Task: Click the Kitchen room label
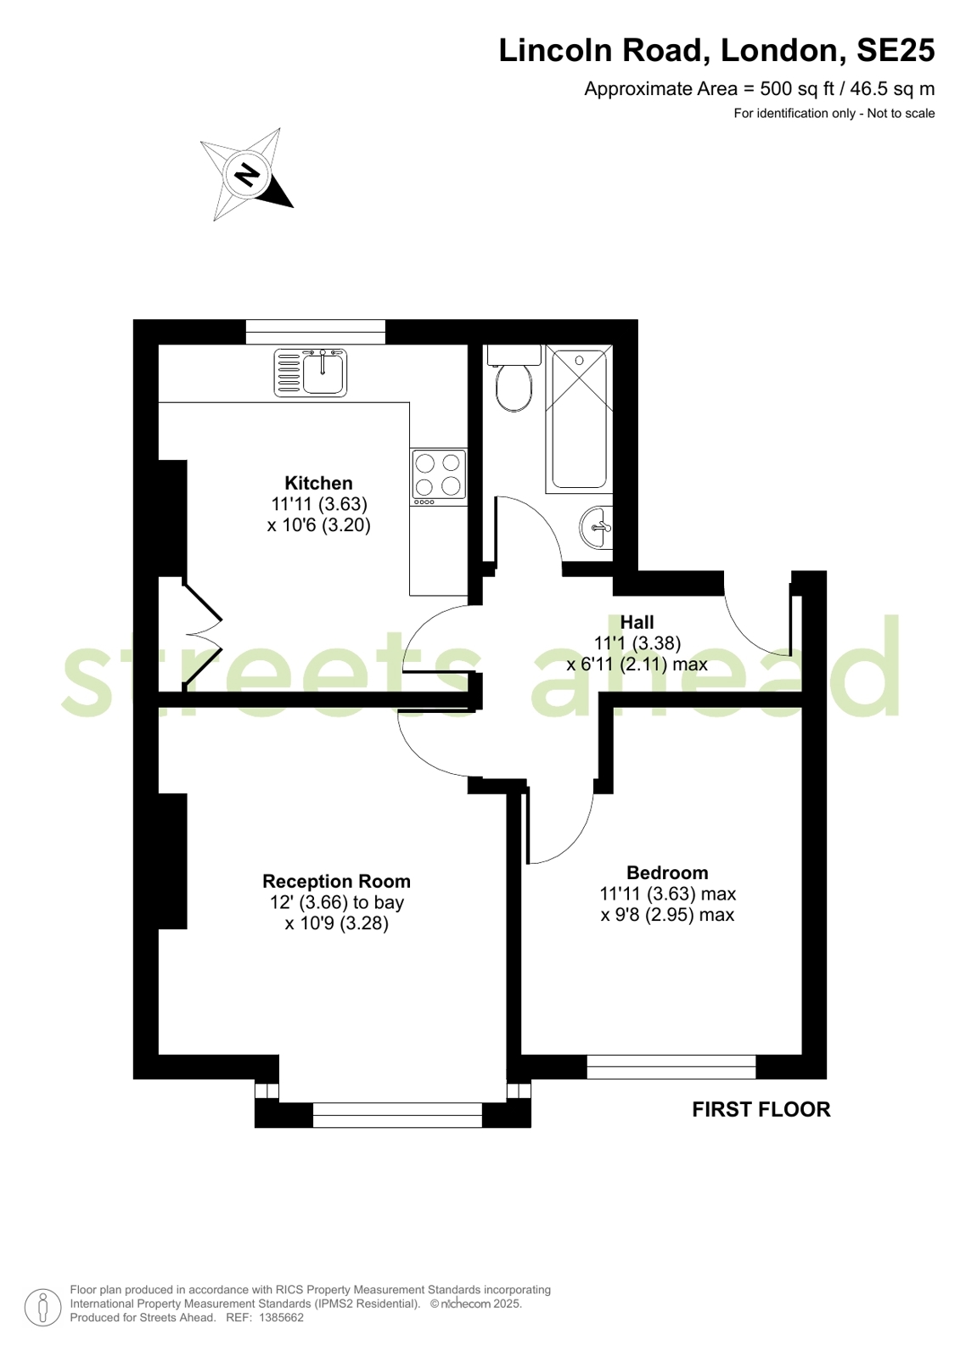[x=318, y=483]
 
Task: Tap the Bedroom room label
[x=667, y=872]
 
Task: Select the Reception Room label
[x=336, y=881]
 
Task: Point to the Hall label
[x=637, y=622]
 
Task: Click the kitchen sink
[x=311, y=373]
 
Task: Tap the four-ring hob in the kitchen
[x=438, y=477]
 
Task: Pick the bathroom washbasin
[x=597, y=528]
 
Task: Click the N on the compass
[x=245, y=174]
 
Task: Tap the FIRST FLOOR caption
[x=761, y=1109]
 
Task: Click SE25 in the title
[x=895, y=50]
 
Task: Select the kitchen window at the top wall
[x=315, y=332]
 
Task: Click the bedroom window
[x=671, y=1066]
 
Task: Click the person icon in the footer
[x=43, y=1307]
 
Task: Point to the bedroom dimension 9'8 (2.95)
[x=667, y=914]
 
